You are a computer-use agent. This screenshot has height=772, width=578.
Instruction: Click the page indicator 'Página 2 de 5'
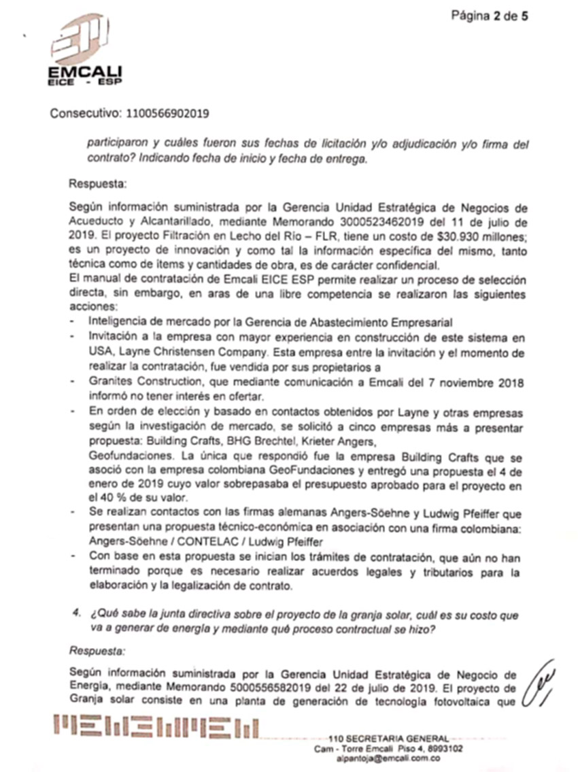490,16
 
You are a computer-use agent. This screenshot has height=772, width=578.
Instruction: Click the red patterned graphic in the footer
156,727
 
